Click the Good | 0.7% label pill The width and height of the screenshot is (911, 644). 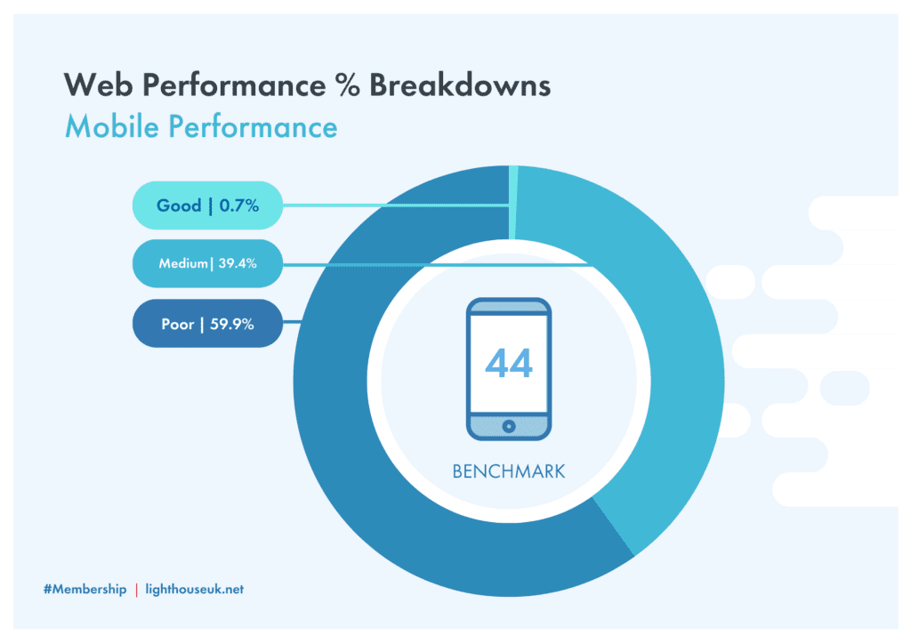click(207, 205)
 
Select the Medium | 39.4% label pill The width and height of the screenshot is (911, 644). click(207, 263)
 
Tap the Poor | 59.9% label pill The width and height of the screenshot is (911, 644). click(207, 324)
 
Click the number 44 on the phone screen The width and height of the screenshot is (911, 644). click(508, 364)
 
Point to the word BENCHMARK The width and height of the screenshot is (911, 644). click(508, 471)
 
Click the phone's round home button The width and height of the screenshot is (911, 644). click(509, 426)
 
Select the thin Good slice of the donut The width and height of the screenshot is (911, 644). click(513, 202)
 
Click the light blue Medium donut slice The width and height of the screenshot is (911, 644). click(668, 326)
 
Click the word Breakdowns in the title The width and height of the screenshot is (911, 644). click(460, 85)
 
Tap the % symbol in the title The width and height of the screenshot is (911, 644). click(348, 85)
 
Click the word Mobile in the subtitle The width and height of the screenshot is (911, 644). click(111, 126)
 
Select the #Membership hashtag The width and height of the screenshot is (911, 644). click(85, 590)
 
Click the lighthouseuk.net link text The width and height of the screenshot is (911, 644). click(195, 590)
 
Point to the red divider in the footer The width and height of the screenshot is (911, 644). click(136, 590)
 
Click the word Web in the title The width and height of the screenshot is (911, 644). click(98, 85)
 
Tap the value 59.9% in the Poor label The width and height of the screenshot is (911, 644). click(232, 324)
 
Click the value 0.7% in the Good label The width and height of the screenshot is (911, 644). click(238, 205)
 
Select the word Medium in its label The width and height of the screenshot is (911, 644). click(183, 263)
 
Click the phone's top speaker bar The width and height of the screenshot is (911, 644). click(509, 308)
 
